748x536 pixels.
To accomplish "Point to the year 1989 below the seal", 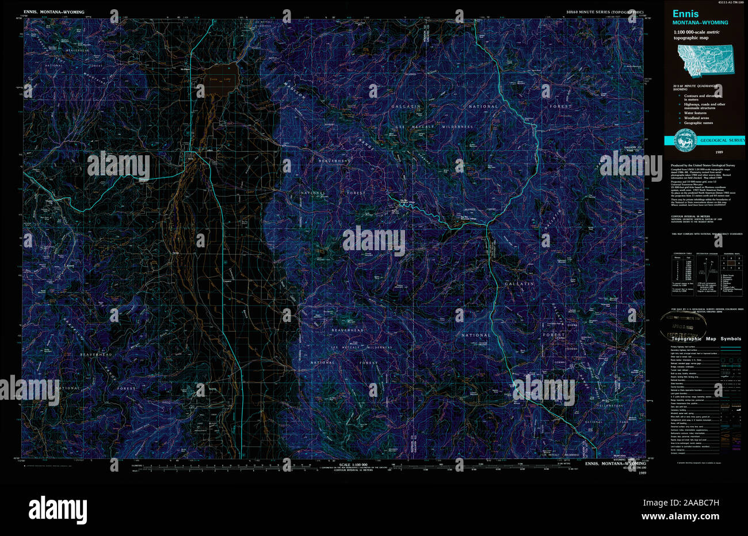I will tap(719, 152).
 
